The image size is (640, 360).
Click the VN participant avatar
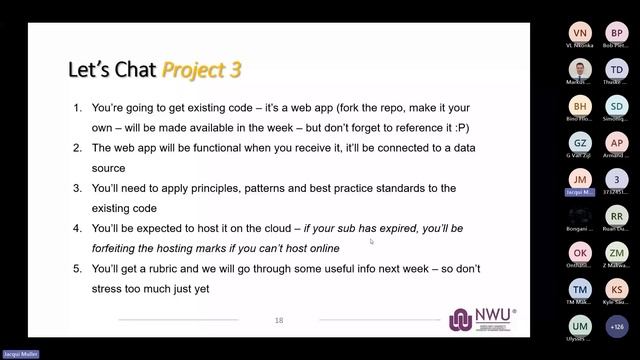coord(580,33)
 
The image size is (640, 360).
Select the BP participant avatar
coord(617,33)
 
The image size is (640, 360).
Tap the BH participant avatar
coord(580,106)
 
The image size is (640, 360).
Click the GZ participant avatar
coord(580,143)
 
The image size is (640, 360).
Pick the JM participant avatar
coord(580,178)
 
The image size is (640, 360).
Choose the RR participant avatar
coord(617,215)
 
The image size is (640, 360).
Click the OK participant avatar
coord(580,252)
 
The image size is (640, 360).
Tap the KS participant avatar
coord(617,289)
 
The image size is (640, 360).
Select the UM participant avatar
coord(580,325)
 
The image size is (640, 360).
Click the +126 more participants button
coord(617,325)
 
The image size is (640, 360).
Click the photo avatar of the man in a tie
coord(580,70)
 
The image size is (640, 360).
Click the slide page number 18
coord(279,320)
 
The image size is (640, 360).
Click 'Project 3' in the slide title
coord(201,70)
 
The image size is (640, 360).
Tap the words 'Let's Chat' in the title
coord(112,70)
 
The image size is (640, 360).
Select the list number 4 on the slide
coord(78,228)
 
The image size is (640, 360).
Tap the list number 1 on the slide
coord(78,107)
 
